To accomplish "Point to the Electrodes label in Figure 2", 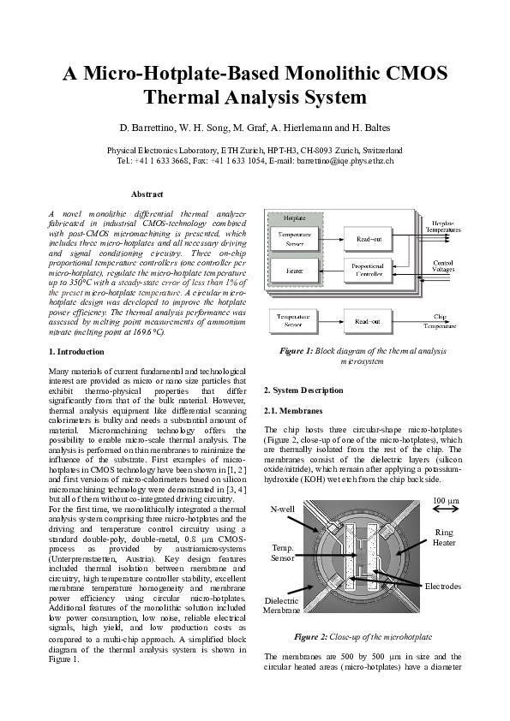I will (443, 587).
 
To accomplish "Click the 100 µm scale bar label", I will (446, 500).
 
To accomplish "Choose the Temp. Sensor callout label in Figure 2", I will (284, 551).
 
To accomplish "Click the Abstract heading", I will (146, 194).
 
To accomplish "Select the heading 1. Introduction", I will (77, 352).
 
